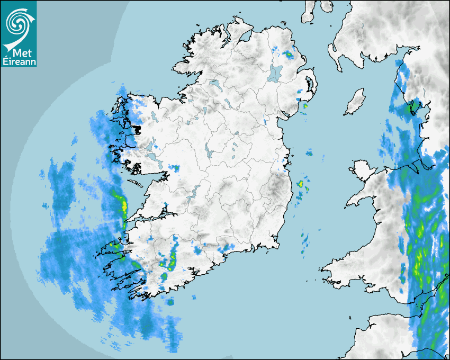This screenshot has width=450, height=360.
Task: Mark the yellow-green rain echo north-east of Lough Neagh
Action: coord(289,55)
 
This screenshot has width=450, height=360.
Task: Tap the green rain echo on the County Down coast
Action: coord(304,106)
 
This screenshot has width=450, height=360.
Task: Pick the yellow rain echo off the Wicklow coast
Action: coord(300,184)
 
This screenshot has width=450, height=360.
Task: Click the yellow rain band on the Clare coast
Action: coord(123,204)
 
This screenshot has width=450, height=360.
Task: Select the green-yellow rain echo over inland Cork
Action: coord(173,259)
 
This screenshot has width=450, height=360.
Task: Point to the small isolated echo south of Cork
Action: coord(170,302)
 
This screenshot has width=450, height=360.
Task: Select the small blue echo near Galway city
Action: coord(174,168)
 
